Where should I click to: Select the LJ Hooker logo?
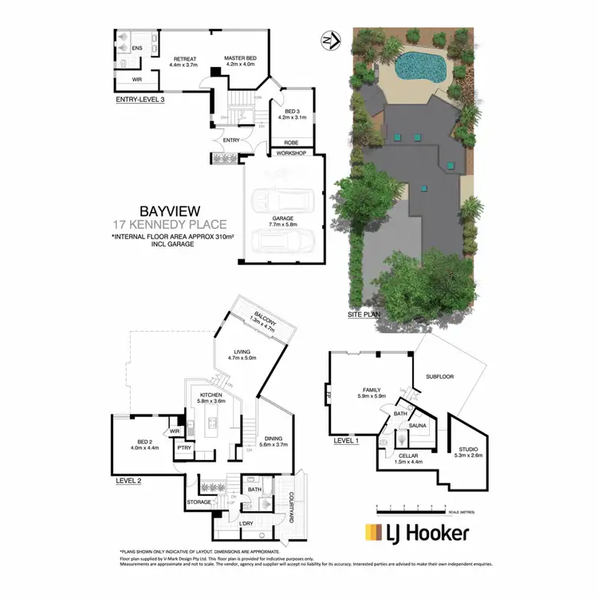[416, 533]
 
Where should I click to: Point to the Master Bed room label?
[240, 58]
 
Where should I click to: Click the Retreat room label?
[185, 58]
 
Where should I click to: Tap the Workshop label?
[292, 152]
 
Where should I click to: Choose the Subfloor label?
[440, 375]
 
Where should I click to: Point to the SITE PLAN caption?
[364, 317]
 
